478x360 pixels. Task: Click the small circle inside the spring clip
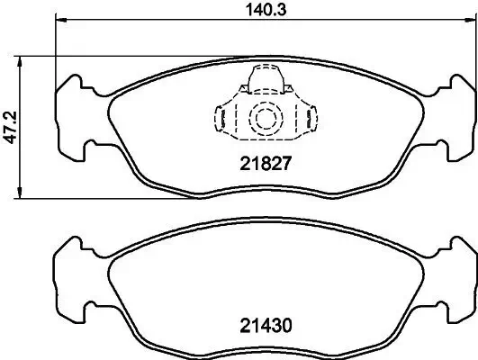tap(265, 118)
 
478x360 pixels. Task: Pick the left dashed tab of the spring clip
tap(219, 118)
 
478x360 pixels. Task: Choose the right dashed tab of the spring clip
tap(311, 118)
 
